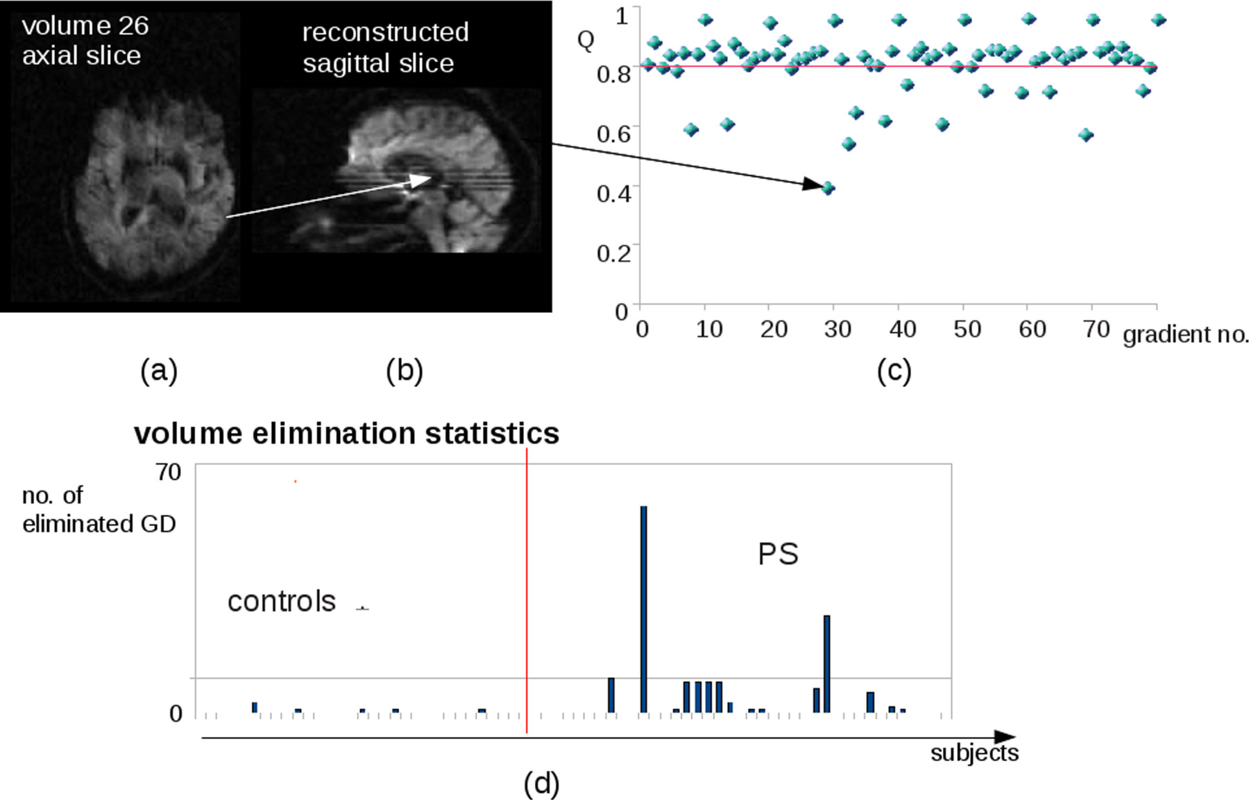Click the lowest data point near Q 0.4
click(x=828, y=188)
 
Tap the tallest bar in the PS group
click(x=643, y=608)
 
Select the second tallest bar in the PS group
click(x=826, y=663)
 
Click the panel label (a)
click(x=159, y=371)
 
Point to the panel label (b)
click(x=405, y=371)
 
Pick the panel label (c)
click(x=894, y=371)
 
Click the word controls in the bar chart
click(x=281, y=602)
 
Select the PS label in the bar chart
click(x=778, y=554)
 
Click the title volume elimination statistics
click(x=346, y=434)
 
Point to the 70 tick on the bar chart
click(x=168, y=473)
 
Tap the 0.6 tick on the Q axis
click(x=613, y=133)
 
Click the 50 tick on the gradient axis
click(x=967, y=329)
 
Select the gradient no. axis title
click(x=1185, y=335)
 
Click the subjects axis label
click(x=974, y=754)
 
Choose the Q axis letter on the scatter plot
click(x=586, y=40)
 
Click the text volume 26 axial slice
click(x=85, y=40)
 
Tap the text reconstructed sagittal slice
click(x=384, y=47)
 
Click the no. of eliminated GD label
click(x=99, y=509)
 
